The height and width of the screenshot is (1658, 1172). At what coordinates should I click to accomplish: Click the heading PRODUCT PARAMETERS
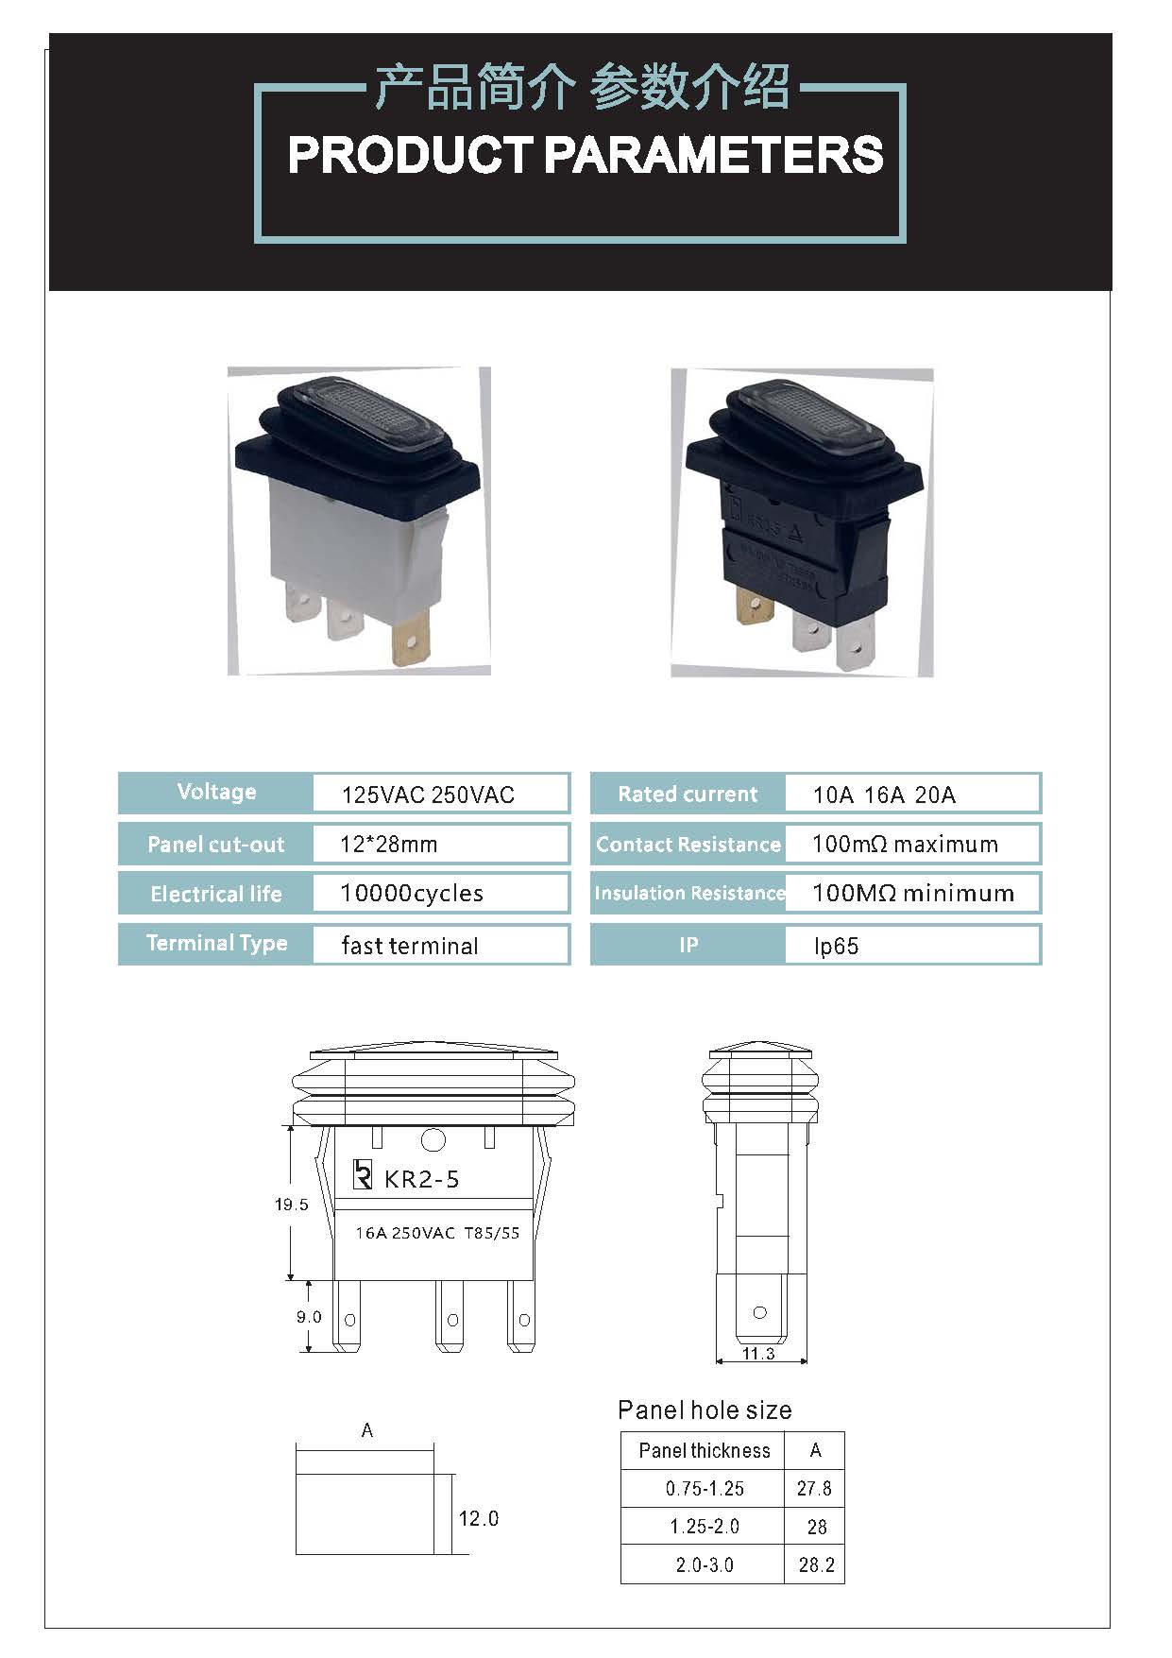(x=585, y=156)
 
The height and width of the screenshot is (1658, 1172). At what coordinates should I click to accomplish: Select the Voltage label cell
(x=216, y=793)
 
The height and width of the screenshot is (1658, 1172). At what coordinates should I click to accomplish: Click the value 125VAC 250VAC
(x=428, y=795)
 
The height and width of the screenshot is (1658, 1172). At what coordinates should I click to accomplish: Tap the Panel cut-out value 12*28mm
(x=388, y=845)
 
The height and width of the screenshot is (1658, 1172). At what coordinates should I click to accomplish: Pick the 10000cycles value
(x=412, y=894)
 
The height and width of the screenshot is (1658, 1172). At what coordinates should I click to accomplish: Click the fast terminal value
(x=410, y=946)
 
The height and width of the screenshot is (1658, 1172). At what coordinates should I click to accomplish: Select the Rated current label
(x=688, y=795)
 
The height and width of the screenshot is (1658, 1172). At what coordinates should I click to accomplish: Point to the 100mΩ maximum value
(x=905, y=845)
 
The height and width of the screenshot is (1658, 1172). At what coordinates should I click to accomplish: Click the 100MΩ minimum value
(x=913, y=894)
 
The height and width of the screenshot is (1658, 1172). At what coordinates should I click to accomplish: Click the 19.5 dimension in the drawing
(x=291, y=1205)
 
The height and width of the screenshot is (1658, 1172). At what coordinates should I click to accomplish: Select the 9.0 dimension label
(x=309, y=1317)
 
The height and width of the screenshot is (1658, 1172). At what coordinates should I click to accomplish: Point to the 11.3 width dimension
(x=758, y=1354)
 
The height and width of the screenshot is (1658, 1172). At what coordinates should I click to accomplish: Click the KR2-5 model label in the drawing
(x=421, y=1179)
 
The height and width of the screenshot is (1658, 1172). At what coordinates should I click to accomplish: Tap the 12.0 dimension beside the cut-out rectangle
(x=478, y=1518)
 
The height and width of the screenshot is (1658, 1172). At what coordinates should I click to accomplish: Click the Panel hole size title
(x=705, y=1410)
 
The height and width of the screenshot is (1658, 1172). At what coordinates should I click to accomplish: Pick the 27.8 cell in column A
(x=814, y=1489)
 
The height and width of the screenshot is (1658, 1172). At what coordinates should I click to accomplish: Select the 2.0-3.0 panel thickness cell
(x=705, y=1564)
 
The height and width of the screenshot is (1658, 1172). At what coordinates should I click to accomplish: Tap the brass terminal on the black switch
(x=754, y=605)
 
